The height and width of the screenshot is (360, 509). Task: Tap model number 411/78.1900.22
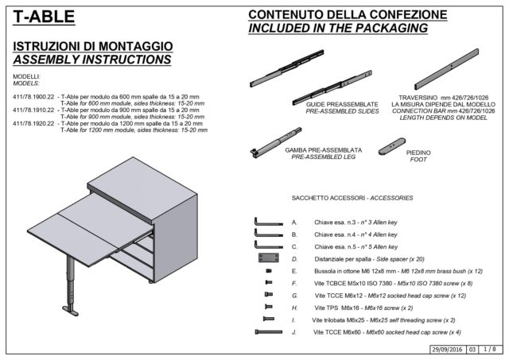tap(33, 96)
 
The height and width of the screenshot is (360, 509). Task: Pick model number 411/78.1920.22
tap(33, 124)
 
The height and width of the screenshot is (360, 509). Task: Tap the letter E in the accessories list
tap(295, 271)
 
